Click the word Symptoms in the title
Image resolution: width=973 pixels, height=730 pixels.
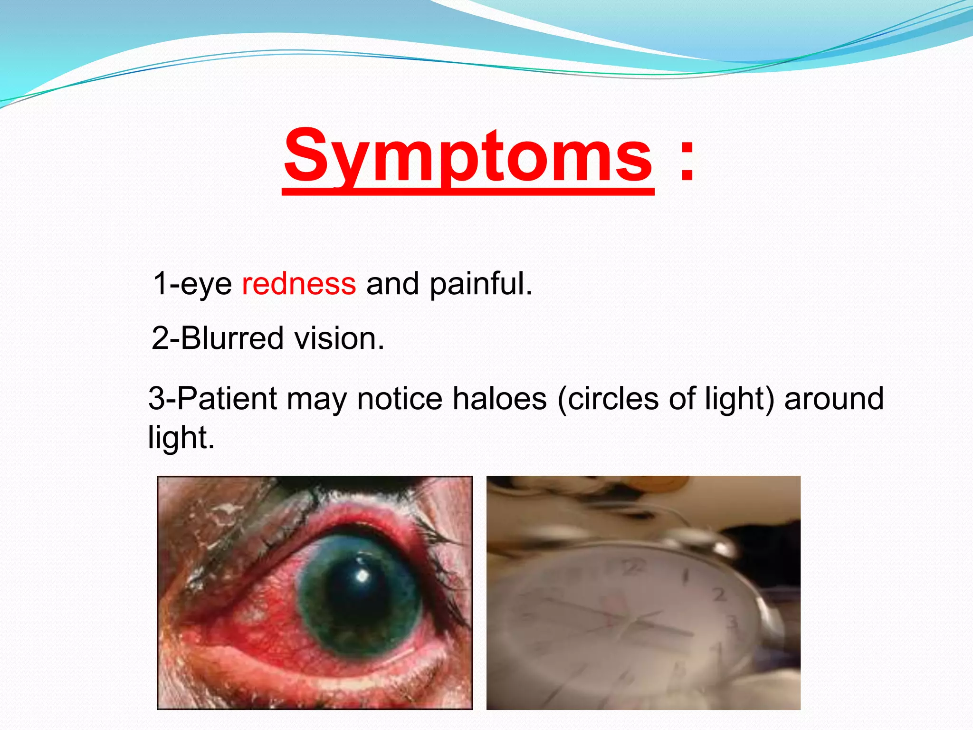468,157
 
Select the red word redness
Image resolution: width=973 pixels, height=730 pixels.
299,284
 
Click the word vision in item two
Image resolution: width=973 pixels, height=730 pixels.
339,338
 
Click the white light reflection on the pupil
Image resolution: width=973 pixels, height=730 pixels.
362,576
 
